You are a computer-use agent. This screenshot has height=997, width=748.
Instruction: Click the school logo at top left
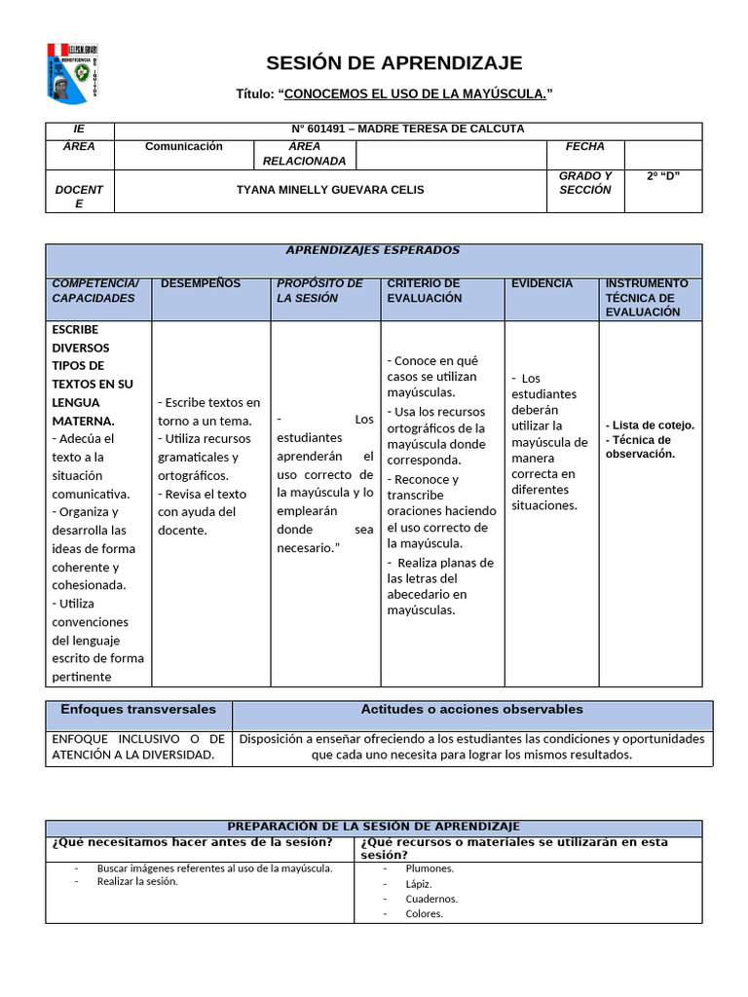73,72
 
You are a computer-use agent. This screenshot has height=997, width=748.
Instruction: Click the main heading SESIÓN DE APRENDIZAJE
394,63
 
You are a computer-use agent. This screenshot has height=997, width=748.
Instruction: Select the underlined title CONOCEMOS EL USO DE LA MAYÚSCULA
415,93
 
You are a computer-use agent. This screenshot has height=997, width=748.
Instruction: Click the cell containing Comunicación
183,147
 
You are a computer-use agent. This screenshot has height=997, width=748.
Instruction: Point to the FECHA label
584,147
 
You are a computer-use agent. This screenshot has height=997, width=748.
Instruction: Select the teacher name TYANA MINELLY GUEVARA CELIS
330,190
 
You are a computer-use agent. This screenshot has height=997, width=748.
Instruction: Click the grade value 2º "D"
662,176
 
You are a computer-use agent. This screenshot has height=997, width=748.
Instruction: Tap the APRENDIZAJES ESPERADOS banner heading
373,251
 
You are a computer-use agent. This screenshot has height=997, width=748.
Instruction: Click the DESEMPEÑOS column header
200,283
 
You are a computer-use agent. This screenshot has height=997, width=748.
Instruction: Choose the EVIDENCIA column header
542,283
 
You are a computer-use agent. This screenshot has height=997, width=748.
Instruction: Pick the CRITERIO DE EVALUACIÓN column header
424,290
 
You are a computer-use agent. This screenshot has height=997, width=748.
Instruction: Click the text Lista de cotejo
653,425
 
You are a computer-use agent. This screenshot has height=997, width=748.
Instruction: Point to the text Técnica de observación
640,447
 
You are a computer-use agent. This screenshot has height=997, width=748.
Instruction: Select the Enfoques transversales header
138,710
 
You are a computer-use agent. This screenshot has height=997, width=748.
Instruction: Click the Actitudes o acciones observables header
471,710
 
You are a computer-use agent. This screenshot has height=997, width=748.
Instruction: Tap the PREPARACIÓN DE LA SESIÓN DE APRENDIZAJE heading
373,826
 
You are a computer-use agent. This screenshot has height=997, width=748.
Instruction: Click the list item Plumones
430,868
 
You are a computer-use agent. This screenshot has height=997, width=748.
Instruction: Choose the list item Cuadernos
431,899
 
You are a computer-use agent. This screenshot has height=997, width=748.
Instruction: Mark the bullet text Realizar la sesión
137,881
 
